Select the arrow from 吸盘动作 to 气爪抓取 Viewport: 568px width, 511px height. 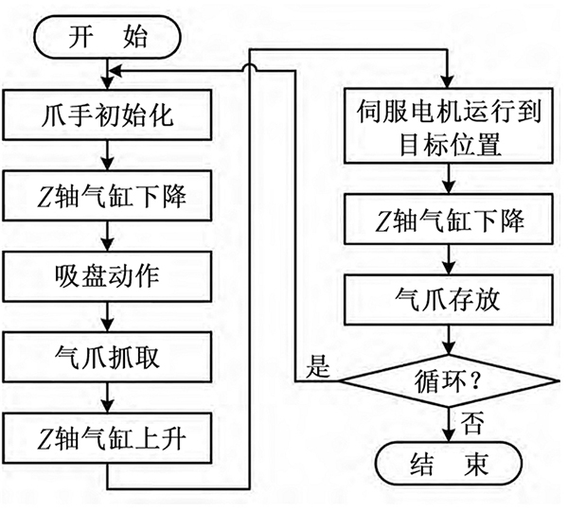point(111,319)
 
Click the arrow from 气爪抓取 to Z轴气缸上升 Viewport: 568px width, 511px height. point(111,399)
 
